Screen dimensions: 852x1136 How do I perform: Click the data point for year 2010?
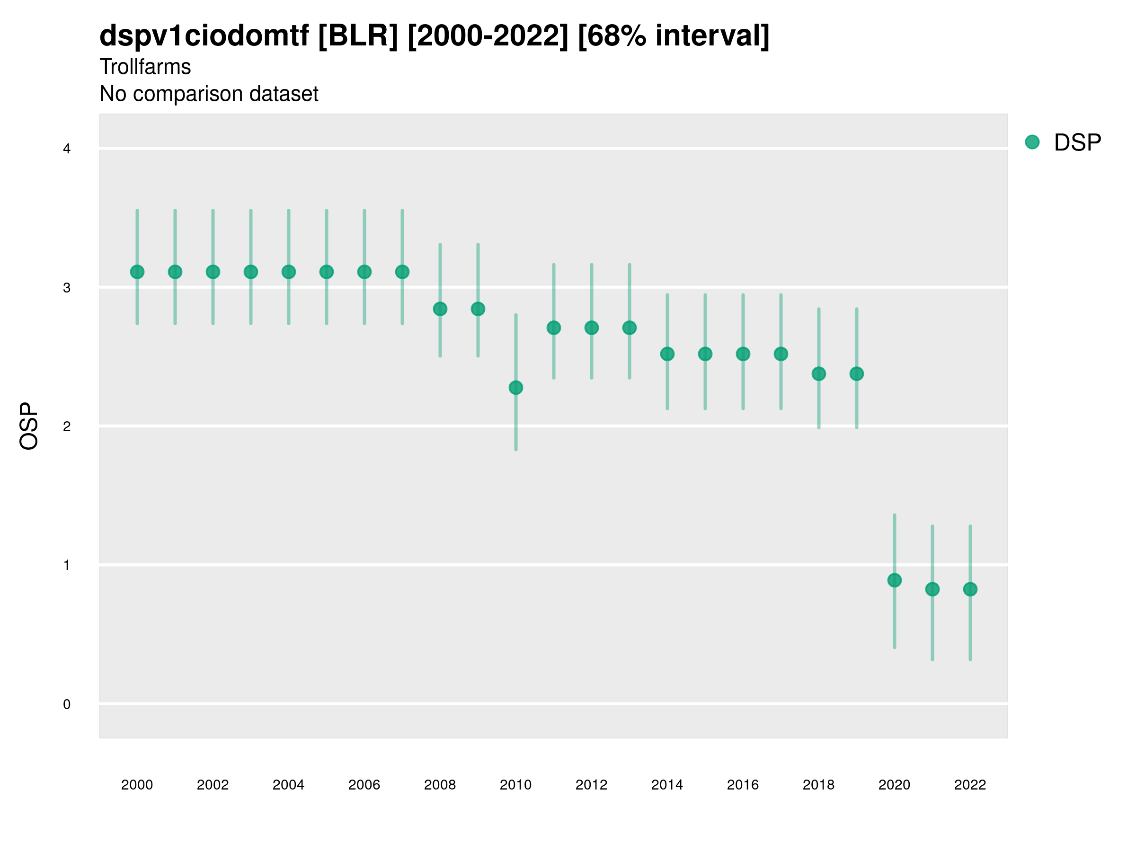point(515,388)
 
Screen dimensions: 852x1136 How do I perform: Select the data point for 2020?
point(894,580)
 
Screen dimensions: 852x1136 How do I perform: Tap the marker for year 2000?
point(137,272)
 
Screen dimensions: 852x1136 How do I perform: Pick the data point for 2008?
point(440,309)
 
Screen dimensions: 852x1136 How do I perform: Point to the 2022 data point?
point(970,589)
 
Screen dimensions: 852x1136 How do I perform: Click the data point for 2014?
point(667,354)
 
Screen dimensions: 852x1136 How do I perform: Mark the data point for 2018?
point(818,374)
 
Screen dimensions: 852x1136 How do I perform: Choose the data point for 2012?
point(592,328)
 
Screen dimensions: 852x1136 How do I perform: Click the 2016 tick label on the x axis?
point(743,785)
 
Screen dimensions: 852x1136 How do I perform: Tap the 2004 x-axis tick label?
point(288,785)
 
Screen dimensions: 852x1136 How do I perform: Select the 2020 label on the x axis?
point(894,785)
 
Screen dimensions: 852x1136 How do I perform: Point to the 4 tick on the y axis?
point(67,149)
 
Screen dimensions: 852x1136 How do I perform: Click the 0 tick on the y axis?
point(67,704)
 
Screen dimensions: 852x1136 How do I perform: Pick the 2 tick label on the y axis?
point(67,426)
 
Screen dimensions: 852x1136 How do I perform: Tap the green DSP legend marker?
point(1032,142)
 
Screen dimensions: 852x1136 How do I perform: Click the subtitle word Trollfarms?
point(145,67)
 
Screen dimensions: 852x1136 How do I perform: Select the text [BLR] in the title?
point(358,36)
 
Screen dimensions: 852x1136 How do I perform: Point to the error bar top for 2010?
point(515,315)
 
